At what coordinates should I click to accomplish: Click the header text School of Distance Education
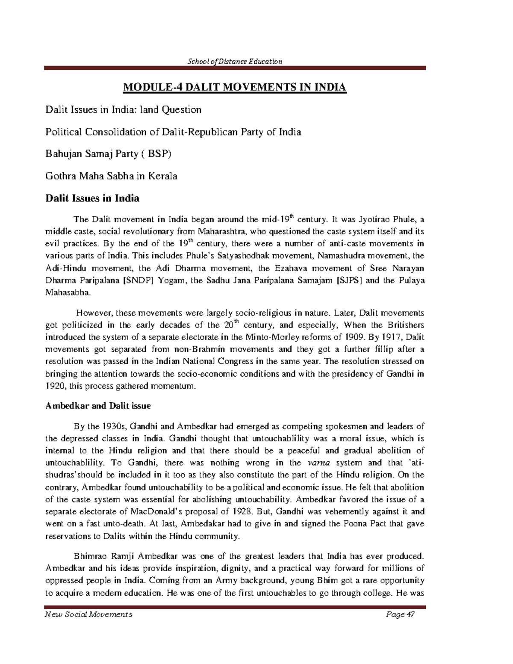pos(235,61)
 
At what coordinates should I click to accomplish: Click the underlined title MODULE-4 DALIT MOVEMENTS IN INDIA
pos(235,88)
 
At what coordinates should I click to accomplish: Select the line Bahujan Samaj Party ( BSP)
pos(108,154)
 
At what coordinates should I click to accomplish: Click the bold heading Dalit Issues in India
pos(92,198)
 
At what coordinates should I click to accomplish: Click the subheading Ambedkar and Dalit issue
pos(98,405)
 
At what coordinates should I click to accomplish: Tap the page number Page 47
pos(401,614)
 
